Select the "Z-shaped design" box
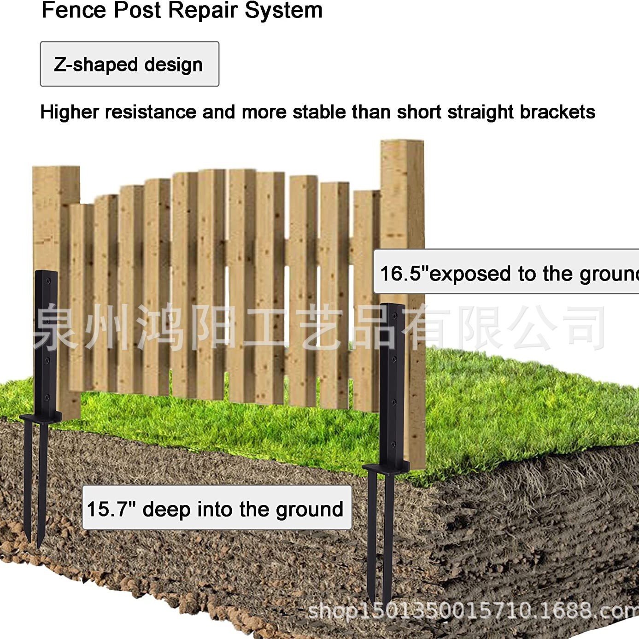coord(129,64)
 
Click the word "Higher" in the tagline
coord(70,112)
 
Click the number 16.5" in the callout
coord(401,273)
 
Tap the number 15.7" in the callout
coord(111,509)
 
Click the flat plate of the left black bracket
coord(41,417)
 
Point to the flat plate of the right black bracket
coord(386,467)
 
